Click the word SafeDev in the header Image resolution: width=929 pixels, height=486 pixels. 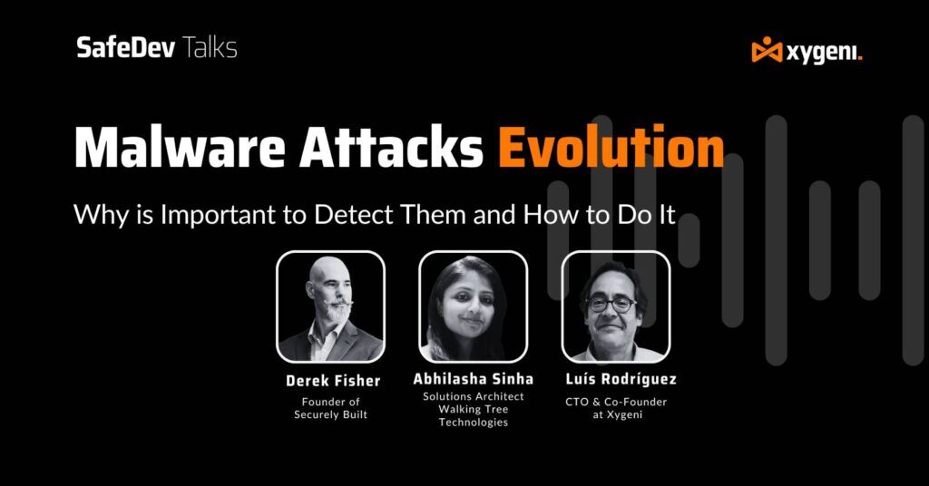(126, 48)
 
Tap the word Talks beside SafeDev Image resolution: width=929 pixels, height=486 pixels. (210, 48)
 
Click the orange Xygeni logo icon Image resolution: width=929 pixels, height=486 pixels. (767, 51)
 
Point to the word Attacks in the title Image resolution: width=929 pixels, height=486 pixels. (398, 148)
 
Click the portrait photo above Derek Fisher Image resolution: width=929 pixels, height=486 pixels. (330, 306)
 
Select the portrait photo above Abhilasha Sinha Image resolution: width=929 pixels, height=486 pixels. (473, 306)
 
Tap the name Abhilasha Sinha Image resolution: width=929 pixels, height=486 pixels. (473, 378)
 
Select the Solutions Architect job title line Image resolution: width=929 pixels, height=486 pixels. (473, 397)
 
